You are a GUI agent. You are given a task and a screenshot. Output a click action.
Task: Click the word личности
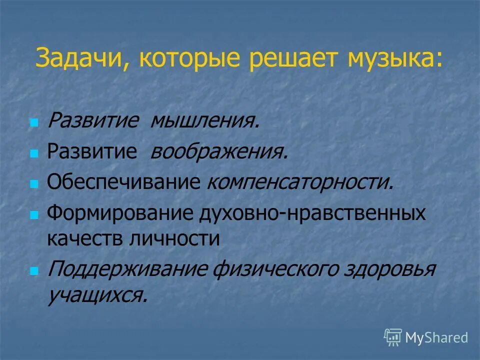176,238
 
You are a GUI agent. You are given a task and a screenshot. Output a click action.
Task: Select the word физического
275,270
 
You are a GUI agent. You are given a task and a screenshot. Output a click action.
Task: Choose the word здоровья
390,270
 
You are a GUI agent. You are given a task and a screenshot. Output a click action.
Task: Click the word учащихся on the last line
97,295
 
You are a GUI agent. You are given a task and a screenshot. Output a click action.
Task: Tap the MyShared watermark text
436,337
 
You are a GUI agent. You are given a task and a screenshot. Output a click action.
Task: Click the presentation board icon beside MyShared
393,337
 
